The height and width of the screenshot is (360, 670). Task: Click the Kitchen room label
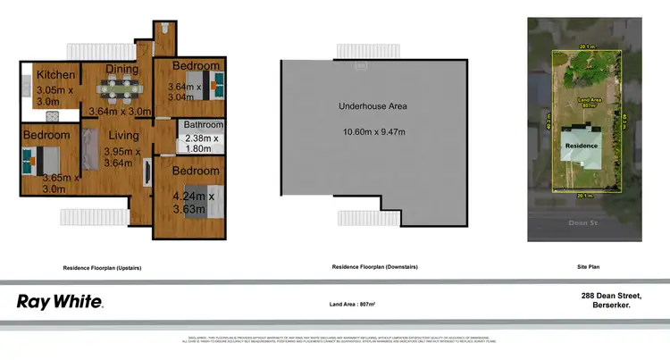(x=54, y=76)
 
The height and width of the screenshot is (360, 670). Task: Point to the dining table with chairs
(x=121, y=88)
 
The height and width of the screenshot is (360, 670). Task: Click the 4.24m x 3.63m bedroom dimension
(x=193, y=203)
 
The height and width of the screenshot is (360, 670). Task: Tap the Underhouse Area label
(x=373, y=106)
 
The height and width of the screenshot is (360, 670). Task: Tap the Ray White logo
(x=59, y=301)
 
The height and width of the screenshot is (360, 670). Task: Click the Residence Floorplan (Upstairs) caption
(x=103, y=267)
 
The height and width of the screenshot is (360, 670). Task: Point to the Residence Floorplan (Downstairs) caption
(x=374, y=267)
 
